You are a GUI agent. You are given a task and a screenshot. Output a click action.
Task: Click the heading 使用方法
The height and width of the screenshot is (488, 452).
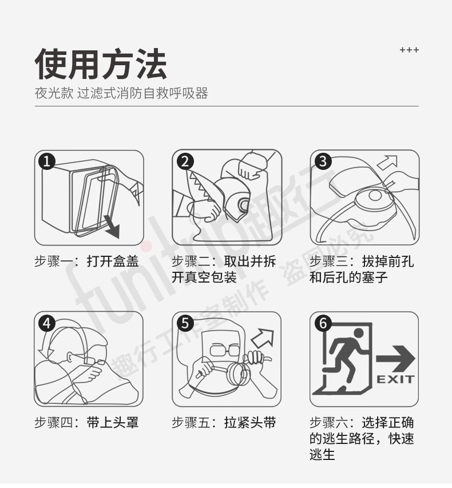101,64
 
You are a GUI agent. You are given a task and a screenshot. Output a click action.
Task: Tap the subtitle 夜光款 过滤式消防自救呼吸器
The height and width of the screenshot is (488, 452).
121,93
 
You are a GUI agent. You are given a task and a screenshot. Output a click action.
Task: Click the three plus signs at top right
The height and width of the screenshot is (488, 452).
409,50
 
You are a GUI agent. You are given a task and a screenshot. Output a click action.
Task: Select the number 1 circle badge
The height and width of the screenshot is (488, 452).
47,162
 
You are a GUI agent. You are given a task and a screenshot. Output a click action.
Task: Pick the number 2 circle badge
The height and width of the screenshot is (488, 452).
185,162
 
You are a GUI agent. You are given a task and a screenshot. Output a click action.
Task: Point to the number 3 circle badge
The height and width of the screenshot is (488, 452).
323,161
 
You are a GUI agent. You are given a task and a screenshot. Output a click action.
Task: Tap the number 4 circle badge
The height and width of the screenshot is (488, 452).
47,323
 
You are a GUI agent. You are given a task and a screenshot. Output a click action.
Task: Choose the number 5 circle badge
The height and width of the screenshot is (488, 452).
185,323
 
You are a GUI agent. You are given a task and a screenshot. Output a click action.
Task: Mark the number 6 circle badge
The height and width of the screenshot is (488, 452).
323,323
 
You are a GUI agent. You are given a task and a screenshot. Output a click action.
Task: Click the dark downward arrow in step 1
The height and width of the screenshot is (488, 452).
113,228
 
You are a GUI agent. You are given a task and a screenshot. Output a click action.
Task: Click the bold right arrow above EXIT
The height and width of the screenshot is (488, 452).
395,359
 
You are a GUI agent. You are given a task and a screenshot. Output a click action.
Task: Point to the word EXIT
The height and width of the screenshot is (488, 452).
395,379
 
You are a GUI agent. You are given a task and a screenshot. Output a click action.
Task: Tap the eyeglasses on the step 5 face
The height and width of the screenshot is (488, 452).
224,350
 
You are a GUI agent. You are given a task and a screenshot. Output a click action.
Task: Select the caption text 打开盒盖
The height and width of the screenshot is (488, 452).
113,261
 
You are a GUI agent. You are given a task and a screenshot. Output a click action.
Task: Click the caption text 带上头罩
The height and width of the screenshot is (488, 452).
113,423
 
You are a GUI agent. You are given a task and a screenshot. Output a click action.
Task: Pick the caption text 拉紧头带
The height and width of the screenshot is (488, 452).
250,423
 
